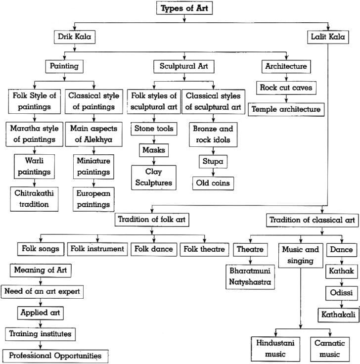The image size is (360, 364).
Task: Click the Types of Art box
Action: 184,8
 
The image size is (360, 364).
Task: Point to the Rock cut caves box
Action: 286,88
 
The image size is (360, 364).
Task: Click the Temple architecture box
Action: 286,109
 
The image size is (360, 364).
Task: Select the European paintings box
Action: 92,199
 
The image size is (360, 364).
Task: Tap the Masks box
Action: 153,149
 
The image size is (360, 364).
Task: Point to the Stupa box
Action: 213,162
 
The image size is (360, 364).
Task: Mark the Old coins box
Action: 213,183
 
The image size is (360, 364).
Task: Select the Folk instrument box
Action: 97,249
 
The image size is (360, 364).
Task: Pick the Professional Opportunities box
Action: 55,356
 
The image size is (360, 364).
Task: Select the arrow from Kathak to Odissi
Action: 341,282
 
